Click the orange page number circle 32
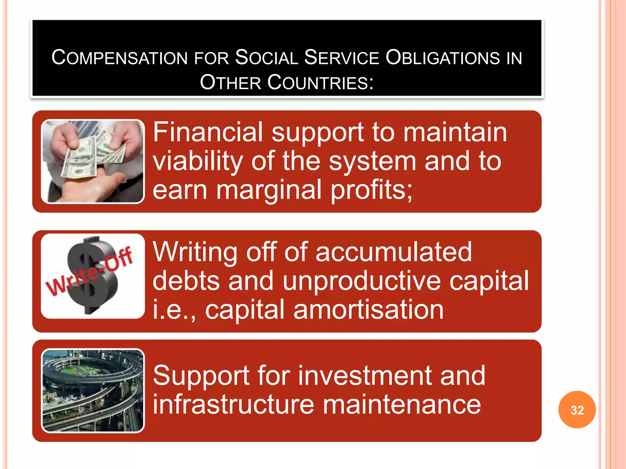[x=577, y=410]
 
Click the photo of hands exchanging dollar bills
[x=93, y=161]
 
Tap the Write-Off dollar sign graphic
[x=93, y=276]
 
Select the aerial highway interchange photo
[x=93, y=391]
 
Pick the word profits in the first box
[x=371, y=190]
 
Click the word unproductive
[x=362, y=281]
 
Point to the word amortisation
[x=368, y=309]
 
